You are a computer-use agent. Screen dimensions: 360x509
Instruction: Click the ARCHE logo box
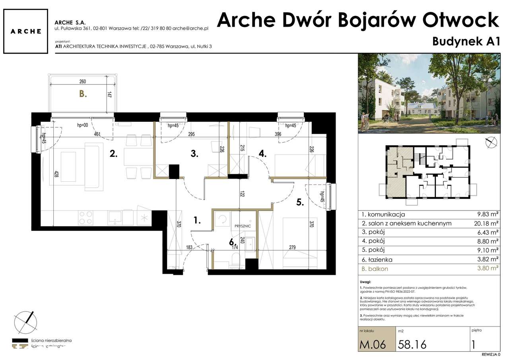click(x=26, y=31)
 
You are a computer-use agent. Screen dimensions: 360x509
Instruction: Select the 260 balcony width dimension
click(x=82, y=82)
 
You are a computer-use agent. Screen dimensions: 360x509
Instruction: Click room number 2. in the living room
click(x=113, y=154)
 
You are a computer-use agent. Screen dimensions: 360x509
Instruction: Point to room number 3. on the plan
click(x=194, y=154)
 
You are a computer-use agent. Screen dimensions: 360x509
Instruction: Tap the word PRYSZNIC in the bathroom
click(x=243, y=226)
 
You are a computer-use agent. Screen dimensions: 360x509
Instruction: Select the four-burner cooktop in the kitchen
click(x=86, y=218)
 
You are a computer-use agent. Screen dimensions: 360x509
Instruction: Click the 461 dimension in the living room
click(x=97, y=134)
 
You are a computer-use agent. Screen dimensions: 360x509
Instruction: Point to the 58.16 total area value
click(x=412, y=344)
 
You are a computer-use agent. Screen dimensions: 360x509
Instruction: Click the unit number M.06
click(x=373, y=344)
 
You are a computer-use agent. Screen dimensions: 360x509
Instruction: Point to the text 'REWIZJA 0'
click(x=491, y=354)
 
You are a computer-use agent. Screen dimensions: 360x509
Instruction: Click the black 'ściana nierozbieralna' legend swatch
click(x=21, y=341)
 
